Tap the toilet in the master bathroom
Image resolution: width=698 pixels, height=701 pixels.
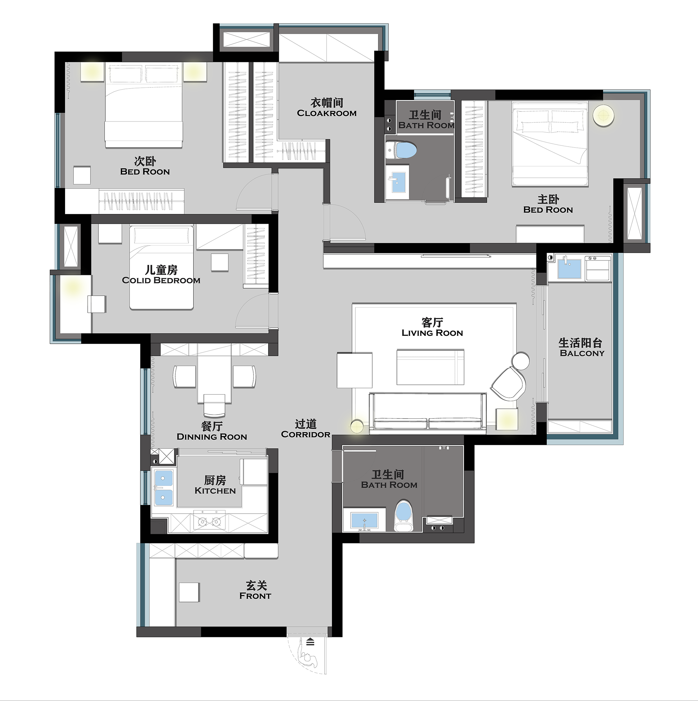click(x=401, y=150)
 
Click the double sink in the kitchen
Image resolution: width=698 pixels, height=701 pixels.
click(x=164, y=487)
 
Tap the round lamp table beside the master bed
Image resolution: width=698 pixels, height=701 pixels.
click(x=603, y=115)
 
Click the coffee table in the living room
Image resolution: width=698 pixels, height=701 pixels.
click(x=430, y=367)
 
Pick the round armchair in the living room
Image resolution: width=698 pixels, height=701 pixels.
click(x=508, y=384)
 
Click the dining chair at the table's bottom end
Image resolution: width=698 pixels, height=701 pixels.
click(x=214, y=405)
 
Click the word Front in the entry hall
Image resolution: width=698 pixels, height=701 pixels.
click(x=255, y=596)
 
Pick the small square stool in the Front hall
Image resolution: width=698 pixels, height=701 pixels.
click(x=189, y=592)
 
